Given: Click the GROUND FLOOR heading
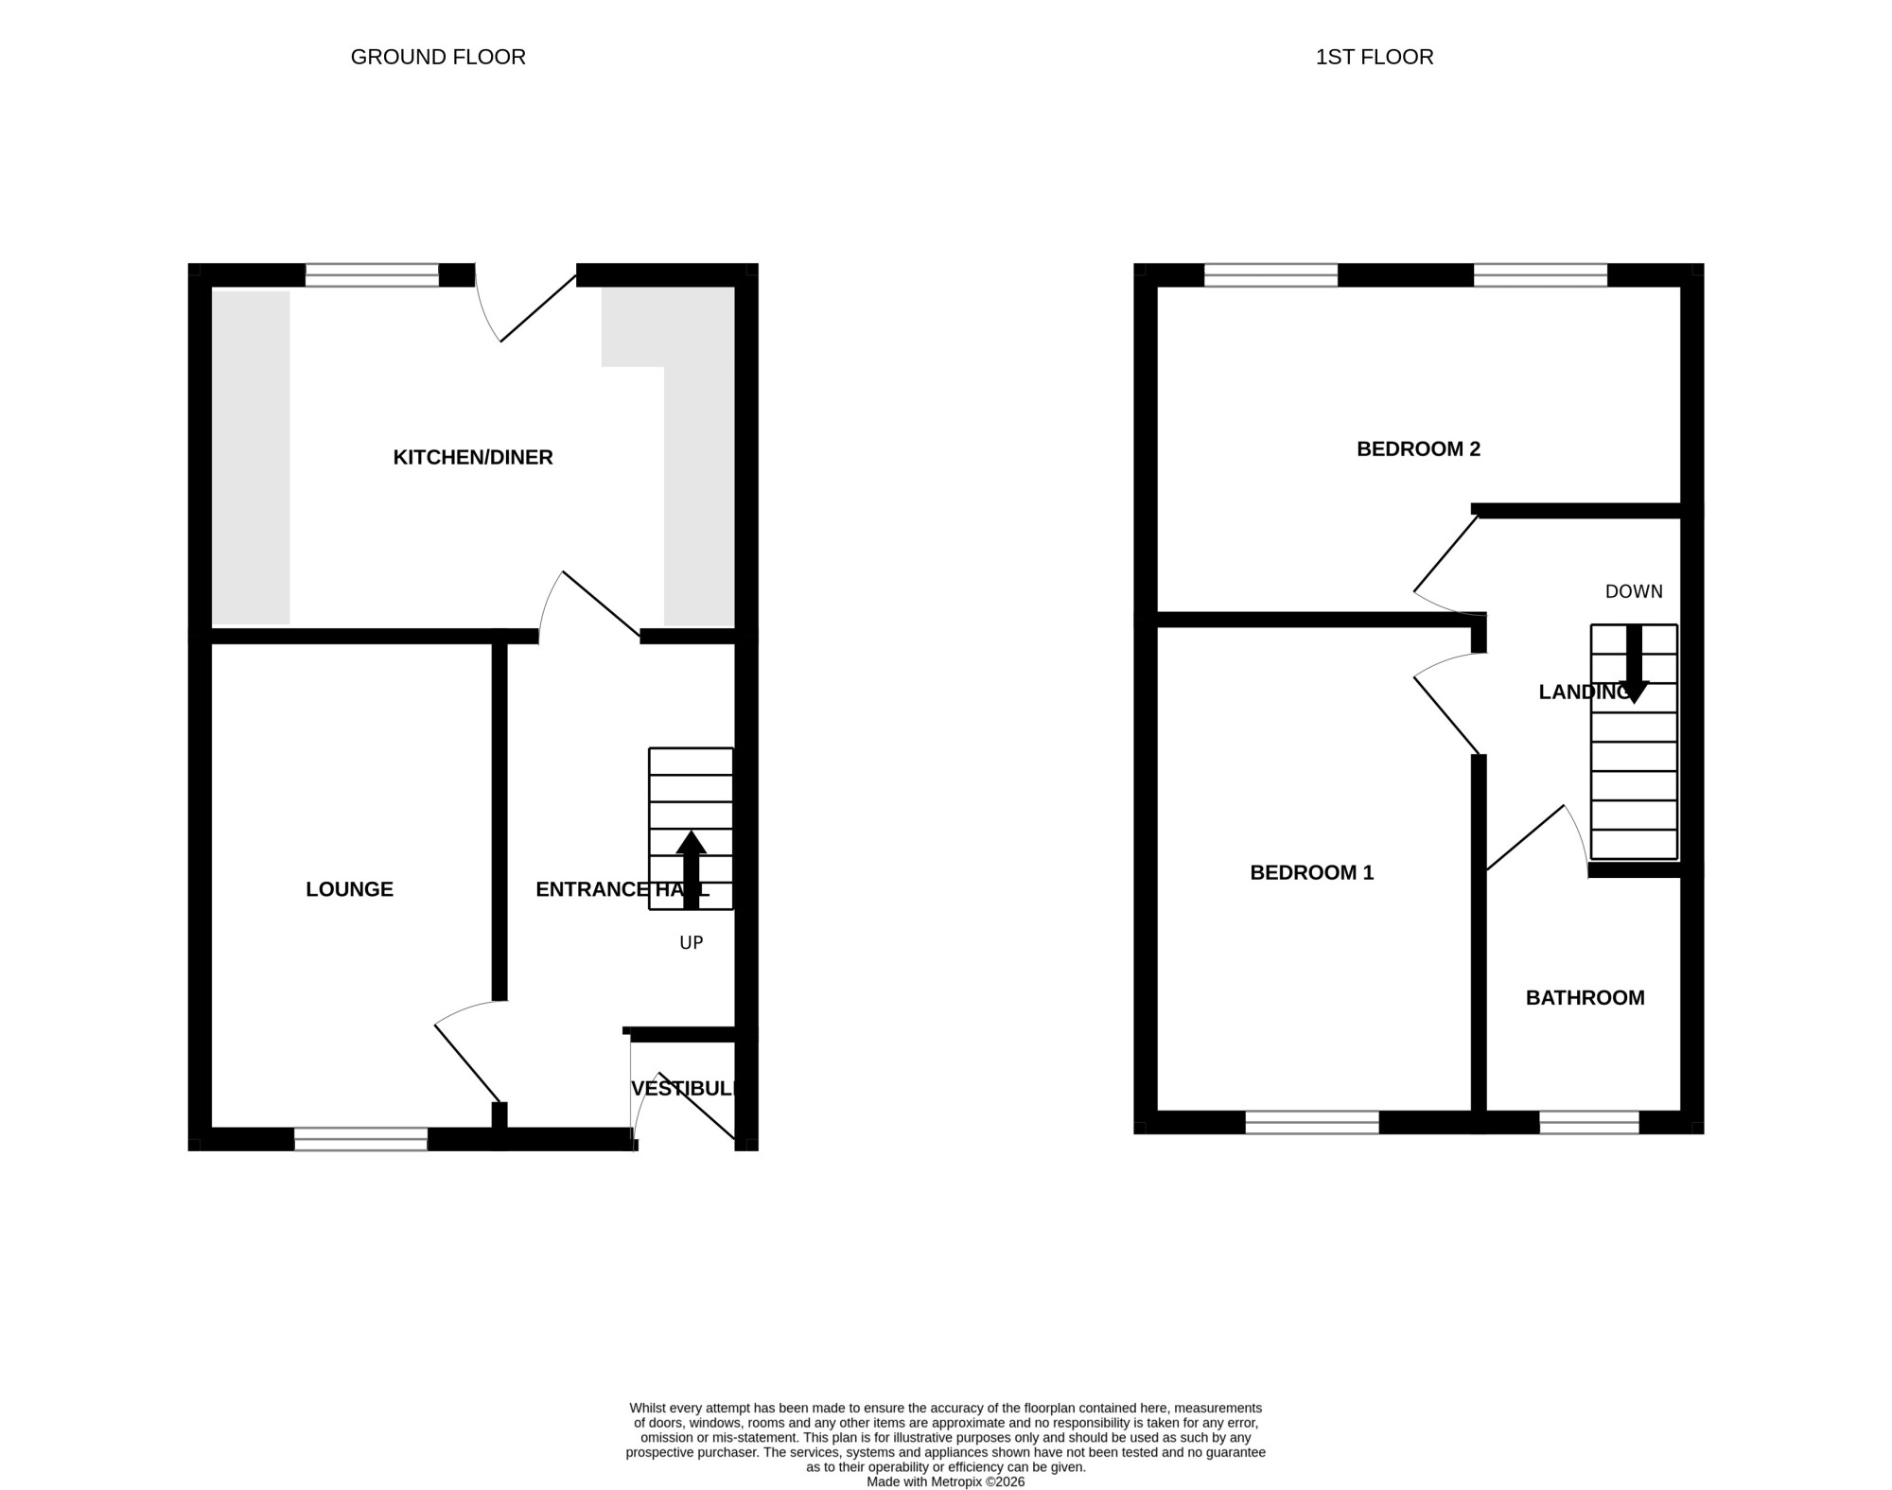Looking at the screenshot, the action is pos(438,57).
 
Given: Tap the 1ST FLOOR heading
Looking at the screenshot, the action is pos(1375,57).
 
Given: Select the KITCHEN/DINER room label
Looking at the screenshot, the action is pos(473,458).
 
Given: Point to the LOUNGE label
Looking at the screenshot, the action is pos(349,889).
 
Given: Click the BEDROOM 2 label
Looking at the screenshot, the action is pos(1418,449).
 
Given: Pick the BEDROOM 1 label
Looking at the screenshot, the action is pos(1311,873).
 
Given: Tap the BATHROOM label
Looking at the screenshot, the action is pos(1585,998).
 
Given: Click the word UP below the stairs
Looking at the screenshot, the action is pos(692,943).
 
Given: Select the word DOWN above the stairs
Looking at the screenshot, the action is pos(1634,591).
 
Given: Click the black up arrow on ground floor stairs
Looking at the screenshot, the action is pos(692,870).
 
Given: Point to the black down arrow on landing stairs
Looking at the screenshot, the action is pos(1634,664).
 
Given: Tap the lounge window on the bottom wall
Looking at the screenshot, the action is pos(360,1139).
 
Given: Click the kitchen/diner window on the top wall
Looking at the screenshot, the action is pos(372,275).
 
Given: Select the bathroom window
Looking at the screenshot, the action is pos(1589,1122).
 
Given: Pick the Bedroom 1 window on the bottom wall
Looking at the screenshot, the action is pos(1312,1122).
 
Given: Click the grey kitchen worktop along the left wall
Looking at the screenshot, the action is pos(251,458).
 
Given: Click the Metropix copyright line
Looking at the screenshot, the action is pos(946,1482).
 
